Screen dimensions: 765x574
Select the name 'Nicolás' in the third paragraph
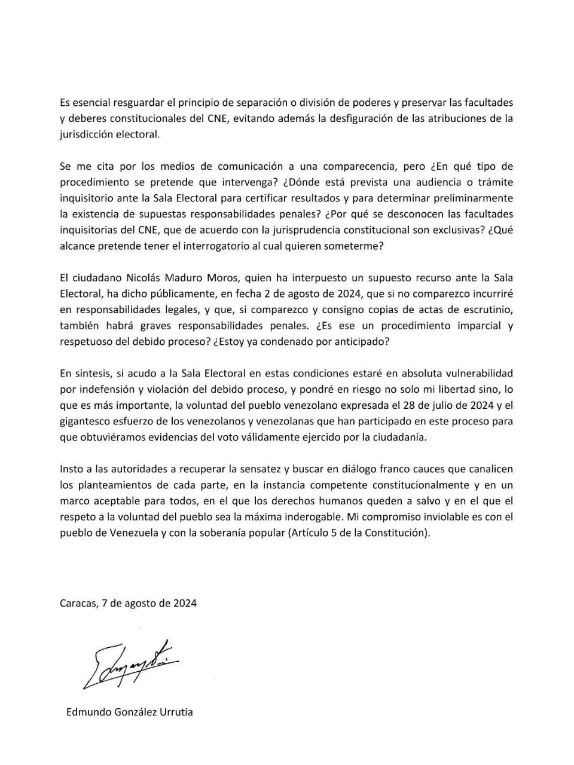pos(127,277)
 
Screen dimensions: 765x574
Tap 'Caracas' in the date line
pos(78,603)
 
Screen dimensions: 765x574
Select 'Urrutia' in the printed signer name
pos(175,712)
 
